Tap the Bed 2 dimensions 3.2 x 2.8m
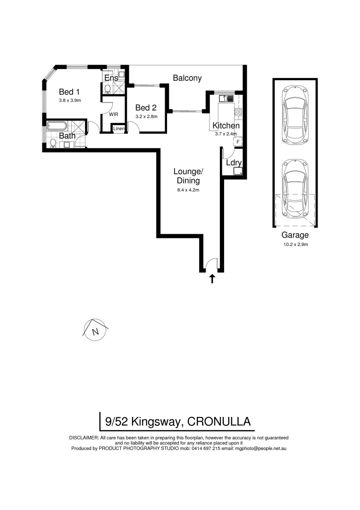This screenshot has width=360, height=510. coord(146,116)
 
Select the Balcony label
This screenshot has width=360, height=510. coord(187,78)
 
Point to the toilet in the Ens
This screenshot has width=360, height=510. coord(108,89)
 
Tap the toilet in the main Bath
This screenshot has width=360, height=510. coord(53,144)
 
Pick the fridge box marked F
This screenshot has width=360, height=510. coord(238,141)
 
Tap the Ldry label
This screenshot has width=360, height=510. coord(234,162)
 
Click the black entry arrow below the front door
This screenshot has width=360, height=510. coord(212,279)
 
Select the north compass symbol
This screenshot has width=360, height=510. coord(96,330)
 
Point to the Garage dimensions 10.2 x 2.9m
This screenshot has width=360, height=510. coord(295,245)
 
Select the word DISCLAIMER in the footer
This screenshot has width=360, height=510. coord(84,438)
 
